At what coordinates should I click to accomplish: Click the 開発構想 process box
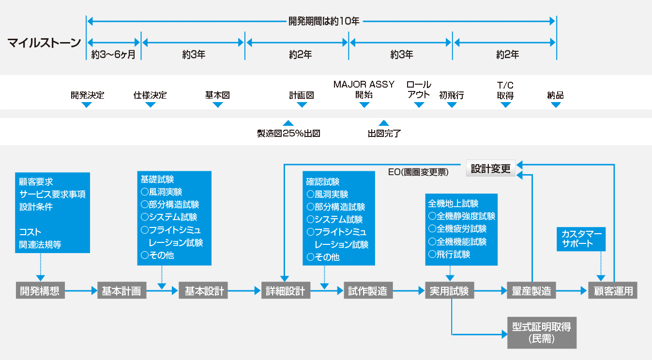pos(40,291)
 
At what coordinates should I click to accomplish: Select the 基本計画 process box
pos(121,291)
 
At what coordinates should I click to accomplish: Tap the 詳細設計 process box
pos(286,291)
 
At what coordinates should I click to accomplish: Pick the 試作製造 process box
pos(368,291)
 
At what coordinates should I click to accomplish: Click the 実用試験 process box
pos(450,291)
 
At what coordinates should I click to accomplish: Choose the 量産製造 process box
pos(531,291)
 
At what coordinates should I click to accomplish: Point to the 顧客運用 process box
pos(613,291)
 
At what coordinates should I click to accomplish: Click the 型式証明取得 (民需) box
pos(542,333)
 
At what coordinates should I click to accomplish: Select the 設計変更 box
pos(491,168)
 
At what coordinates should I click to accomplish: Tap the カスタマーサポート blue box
pos(581,239)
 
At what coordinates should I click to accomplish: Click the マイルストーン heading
pos(44,43)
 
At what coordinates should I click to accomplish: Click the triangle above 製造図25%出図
pos(288,123)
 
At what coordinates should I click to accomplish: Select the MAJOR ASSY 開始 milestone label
pos(364,90)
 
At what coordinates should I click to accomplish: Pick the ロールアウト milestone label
pos(419,90)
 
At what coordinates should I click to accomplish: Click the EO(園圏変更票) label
pos(418,171)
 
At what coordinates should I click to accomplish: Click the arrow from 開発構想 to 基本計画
pos(81,291)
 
